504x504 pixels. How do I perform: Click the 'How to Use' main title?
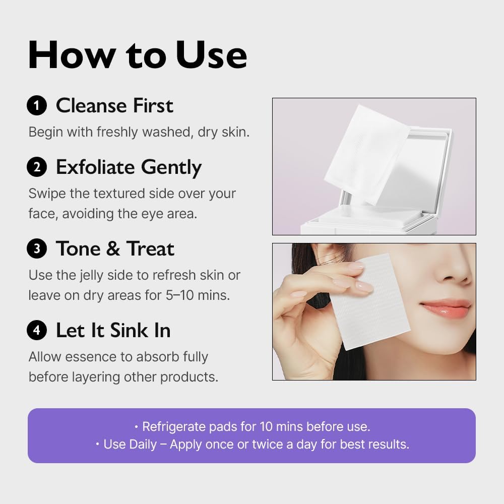pos(137,55)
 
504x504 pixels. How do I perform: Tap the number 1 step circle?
pos(37,106)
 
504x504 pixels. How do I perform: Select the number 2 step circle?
pos(37,167)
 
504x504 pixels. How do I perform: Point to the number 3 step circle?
pos(37,249)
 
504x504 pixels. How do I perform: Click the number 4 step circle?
pos(37,331)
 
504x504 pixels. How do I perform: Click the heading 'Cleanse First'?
pos(114,106)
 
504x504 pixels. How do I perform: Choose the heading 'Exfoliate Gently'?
pos(129,167)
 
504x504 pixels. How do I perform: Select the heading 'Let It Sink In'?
pos(113,331)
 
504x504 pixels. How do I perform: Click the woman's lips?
pos(445,308)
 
